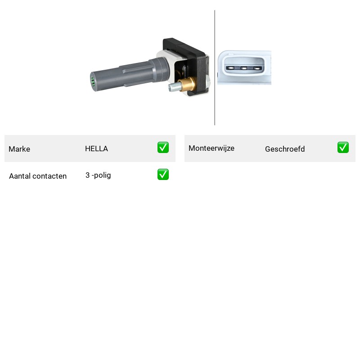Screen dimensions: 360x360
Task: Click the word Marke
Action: point(19,149)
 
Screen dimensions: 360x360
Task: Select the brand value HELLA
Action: point(96,148)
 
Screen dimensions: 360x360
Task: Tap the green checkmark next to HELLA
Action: point(163,148)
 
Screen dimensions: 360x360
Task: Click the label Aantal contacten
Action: point(38,176)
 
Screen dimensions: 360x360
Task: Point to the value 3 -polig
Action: point(98,175)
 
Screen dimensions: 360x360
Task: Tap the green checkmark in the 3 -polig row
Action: point(163,175)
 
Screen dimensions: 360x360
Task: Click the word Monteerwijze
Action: point(211,148)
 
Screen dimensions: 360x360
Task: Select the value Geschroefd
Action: point(285,149)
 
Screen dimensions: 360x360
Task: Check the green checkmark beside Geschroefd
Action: point(343,148)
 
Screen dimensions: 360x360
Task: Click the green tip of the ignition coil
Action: point(93,82)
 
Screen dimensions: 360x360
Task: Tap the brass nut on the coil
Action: point(188,84)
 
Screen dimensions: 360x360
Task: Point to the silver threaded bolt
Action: point(174,87)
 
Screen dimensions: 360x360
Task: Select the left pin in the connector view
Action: point(230,68)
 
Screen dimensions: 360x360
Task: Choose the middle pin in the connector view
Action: point(244,68)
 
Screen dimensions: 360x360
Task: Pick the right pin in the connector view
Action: point(257,68)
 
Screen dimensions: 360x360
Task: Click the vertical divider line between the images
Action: point(215,68)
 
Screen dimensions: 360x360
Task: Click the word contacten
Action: point(49,176)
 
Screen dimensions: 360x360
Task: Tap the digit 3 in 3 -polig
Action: point(87,175)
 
